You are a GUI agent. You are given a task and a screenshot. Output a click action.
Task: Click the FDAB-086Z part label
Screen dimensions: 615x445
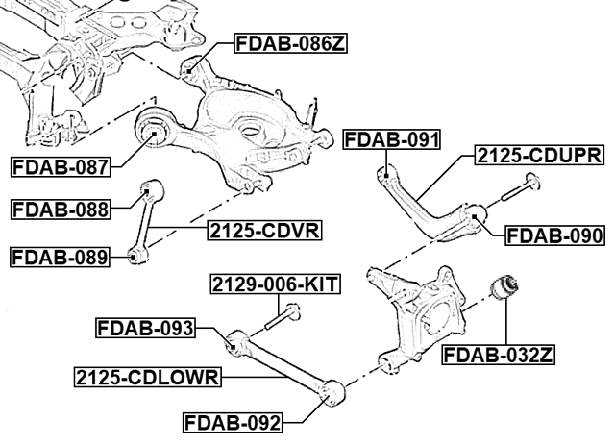pos(290,43)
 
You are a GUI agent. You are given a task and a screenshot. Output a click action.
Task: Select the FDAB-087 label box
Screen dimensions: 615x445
pos(60,167)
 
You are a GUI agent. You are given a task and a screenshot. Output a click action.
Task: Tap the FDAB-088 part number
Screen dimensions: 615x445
pos(60,210)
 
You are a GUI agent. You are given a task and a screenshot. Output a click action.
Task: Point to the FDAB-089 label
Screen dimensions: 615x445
pos(60,258)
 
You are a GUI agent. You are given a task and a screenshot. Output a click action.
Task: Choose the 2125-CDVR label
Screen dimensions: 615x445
pos(265,231)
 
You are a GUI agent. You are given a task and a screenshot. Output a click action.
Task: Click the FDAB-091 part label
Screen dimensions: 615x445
pos(392,139)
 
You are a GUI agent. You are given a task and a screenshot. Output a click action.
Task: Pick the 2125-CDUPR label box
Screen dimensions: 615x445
pos(539,156)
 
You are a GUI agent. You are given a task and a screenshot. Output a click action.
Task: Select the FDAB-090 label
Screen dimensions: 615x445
pos(554,235)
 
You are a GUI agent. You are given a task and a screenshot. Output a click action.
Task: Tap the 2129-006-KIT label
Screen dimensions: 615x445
pos(275,284)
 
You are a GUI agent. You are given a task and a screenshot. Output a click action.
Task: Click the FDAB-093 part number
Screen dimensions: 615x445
pos(145,328)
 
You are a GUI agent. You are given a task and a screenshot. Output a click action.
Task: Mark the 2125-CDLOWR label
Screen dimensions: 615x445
pos(147,378)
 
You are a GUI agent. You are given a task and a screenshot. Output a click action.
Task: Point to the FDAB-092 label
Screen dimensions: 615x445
pos(233,423)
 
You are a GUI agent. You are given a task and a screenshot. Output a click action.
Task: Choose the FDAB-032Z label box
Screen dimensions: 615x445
pos(498,356)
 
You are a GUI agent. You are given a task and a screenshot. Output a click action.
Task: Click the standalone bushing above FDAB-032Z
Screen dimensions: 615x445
pos(504,288)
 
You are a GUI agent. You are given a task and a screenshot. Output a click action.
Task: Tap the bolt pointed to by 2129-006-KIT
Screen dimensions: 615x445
pos(283,316)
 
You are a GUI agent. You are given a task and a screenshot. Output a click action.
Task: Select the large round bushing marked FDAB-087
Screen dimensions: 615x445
pos(155,128)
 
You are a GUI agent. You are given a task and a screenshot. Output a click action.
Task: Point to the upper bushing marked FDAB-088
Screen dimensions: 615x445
pos(152,189)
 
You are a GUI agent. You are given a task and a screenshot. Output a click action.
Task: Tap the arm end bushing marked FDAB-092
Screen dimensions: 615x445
pos(332,393)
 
